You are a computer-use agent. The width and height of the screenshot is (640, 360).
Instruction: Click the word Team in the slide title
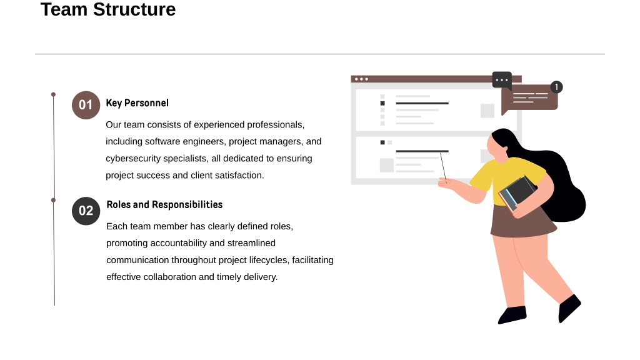[x=64, y=9]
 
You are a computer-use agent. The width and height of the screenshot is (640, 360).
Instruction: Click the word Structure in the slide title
[x=134, y=9]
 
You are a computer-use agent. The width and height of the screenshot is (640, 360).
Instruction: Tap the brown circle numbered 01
[x=86, y=105]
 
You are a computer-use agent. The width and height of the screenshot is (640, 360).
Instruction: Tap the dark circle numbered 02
[x=86, y=211]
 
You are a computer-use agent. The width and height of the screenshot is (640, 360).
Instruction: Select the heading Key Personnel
[x=137, y=103]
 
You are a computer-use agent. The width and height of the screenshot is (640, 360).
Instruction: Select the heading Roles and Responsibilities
[x=164, y=204]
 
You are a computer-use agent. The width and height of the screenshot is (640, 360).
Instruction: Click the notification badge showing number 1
[x=556, y=87]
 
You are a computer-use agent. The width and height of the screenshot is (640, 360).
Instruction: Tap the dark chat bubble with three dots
[x=502, y=80]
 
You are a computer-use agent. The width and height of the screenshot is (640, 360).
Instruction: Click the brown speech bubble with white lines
[x=529, y=99]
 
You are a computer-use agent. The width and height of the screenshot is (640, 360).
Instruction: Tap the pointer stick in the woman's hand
[x=443, y=166]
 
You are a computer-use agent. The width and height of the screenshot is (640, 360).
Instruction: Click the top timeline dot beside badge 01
[x=53, y=94]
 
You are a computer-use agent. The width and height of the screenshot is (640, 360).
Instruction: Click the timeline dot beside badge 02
[x=53, y=200]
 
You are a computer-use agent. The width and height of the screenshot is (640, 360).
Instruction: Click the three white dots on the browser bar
[x=361, y=79]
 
